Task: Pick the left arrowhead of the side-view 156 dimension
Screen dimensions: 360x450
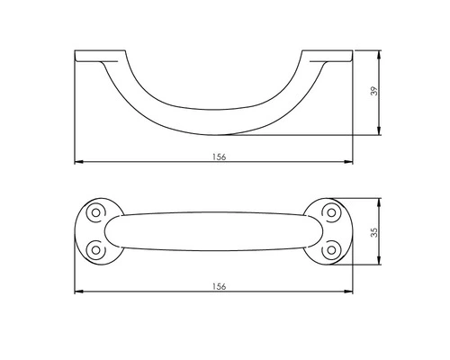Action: (76, 162)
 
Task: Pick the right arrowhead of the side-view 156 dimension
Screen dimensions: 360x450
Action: (349, 162)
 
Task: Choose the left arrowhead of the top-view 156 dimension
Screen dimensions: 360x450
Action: (76, 291)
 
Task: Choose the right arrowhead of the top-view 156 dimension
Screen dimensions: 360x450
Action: (349, 291)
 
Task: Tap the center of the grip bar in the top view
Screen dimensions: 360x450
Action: (212, 230)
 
